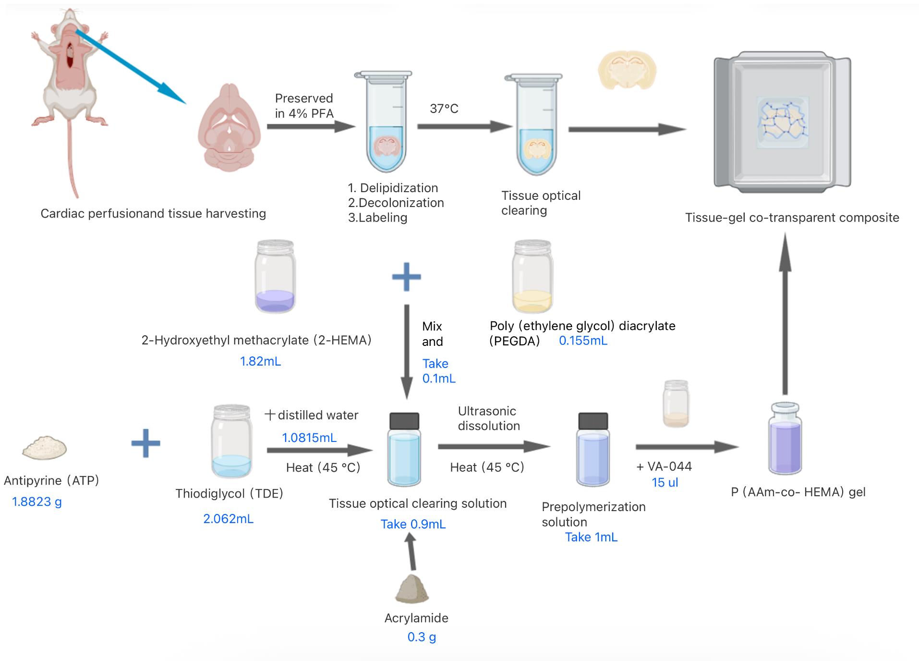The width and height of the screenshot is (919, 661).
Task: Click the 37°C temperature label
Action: pyautogui.click(x=444, y=109)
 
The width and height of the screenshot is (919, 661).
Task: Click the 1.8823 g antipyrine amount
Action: pyautogui.click(x=36, y=502)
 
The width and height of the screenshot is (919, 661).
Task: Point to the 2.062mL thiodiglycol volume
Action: pyautogui.click(x=228, y=519)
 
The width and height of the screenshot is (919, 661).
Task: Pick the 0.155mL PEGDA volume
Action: pyautogui.click(x=583, y=341)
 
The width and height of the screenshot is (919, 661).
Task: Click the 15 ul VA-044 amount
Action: pyautogui.click(x=665, y=483)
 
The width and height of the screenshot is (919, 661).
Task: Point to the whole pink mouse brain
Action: pyautogui.click(x=229, y=127)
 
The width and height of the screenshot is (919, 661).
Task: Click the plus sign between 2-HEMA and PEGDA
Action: pyautogui.click(x=406, y=277)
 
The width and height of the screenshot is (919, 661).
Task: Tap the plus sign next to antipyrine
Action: pyautogui.click(x=145, y=443)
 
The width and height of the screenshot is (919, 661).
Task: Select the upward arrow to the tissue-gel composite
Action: pyautogui.click(x=785, y=312)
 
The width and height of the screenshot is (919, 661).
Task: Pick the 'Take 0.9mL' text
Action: pyautogui.click(x=413, y=525)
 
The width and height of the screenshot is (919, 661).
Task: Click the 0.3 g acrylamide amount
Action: pyautogui.click(x=422, y=637)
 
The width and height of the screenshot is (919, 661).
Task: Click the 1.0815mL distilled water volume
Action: pyautogui.click(x=309, y=438)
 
